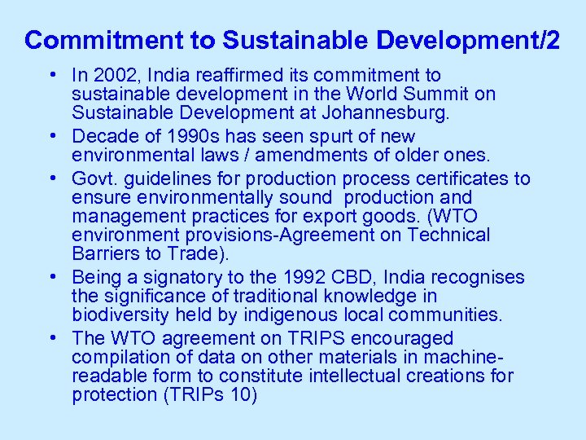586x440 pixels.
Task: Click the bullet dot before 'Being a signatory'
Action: click(x=51, y=278)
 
